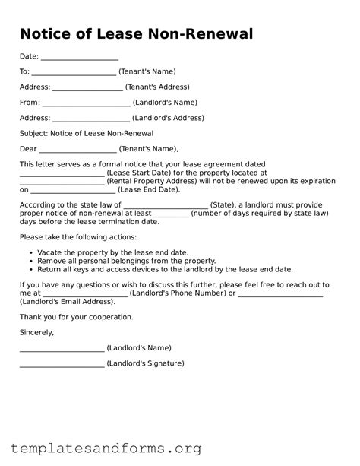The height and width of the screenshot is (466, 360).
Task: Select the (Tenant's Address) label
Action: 157,87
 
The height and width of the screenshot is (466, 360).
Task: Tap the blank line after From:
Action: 86,103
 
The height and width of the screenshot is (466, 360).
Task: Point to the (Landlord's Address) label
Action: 168,119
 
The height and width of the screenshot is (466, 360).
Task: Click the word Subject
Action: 33,134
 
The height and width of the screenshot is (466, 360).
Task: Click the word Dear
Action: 28,149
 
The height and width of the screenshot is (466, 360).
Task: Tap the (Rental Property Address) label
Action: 154,182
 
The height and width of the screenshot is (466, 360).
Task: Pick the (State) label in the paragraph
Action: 222,205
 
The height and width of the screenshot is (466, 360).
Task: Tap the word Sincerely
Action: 37,332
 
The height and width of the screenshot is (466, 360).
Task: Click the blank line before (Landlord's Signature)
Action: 62,364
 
